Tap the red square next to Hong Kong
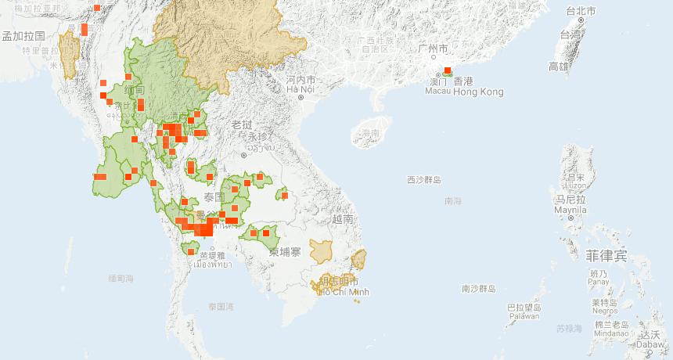(447, 70)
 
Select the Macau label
(437, 92)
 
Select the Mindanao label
(610, 333)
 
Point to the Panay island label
(599, 282)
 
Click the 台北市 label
(581, 11)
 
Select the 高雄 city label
(559, 67)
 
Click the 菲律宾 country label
(606, 255)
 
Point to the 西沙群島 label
(424, 180)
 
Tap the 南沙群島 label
(479, 289)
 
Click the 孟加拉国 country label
(23, 36)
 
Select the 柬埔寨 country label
(285, 252)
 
